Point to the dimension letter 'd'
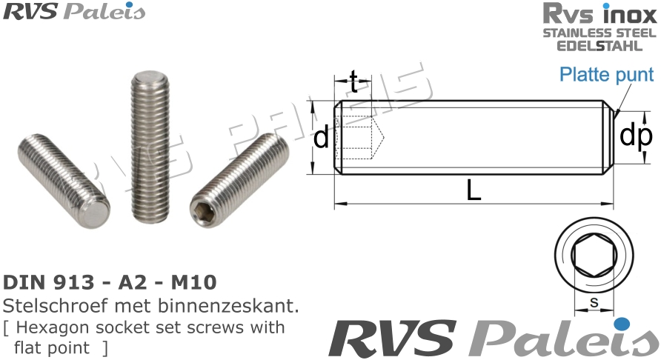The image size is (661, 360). (321, 138)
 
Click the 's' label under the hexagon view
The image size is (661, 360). (594, 303)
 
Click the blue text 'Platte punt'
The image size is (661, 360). (606, 75)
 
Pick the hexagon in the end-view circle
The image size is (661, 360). (593, 256)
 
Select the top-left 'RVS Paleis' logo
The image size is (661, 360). (74, 12)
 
